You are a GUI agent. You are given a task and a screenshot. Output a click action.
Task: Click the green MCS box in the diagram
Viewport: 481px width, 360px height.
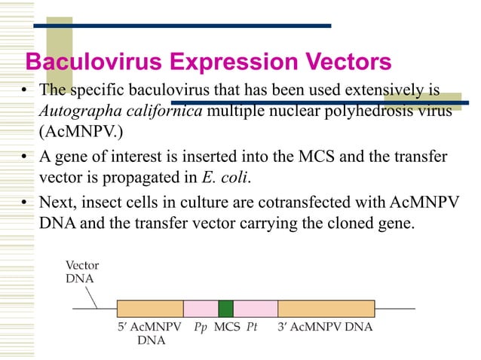tap(225, 308)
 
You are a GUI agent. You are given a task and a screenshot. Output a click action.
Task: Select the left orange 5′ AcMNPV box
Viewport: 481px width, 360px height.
tap(150, 308)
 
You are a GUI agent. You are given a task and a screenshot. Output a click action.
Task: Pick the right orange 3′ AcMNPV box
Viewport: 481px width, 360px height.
tap(326, 308)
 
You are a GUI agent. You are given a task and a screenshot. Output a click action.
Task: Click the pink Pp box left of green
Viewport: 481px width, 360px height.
tap(201, 308)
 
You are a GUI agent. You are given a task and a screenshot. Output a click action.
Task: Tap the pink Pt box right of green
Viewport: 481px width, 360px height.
tap(255, 308)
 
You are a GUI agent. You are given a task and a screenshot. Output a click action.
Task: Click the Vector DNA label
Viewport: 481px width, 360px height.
tap(81, 272)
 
